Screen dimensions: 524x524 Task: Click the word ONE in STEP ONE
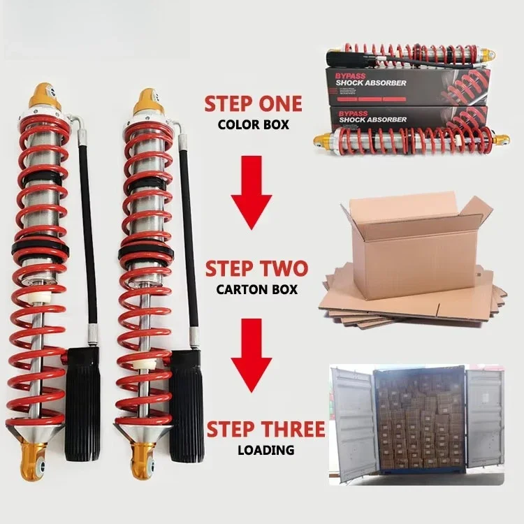[x=276, y=103]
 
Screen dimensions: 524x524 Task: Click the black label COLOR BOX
[x=254, y=124]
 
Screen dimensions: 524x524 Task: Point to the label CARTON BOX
[x=256, y=289]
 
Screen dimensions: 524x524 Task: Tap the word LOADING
[x=266, y=450]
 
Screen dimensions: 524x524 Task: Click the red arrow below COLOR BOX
[x=252, y=193]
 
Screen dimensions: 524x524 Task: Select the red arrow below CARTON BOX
[x=252, y=355]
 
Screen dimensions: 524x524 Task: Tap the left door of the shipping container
[x=352, y=423]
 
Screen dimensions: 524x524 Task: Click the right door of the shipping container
[x=485, y=419]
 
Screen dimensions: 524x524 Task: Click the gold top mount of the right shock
[x=147, y=102]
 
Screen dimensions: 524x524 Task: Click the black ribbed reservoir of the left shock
[x=82, y=404]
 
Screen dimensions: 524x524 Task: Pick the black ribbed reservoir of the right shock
[x=187, y=407]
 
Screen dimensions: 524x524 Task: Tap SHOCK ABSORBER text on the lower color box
[x=373, y=119]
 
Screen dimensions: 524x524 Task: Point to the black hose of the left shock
[x=87, y=231]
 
